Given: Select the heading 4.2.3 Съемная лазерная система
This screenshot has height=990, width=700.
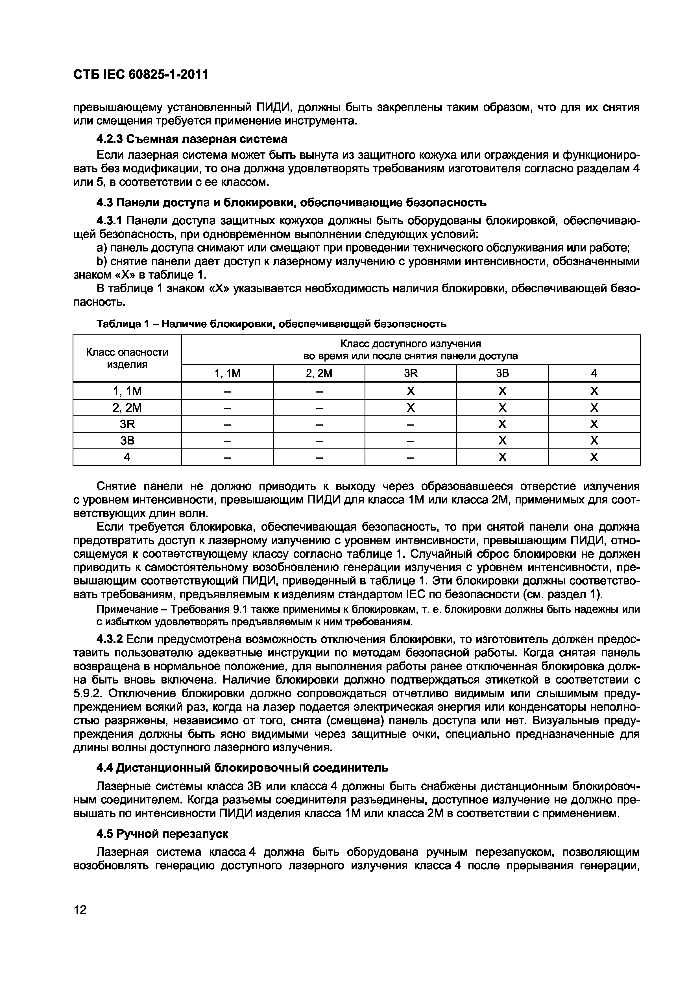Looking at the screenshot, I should pyautogui.click(x=191, y=139).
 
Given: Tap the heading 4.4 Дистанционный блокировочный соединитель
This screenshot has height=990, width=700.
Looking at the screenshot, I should pyautogui.click(x=242, y=768).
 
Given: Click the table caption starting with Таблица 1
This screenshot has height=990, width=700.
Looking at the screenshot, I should pyautogui.click(x=271, y=323).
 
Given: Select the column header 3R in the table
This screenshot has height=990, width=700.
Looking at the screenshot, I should pyautogui.click(x=410, y=373).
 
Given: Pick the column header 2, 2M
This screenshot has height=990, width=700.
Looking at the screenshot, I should pyautogui.click(x=319, y=373).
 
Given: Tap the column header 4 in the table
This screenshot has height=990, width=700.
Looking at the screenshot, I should pyautogui.click(x=594, y=373).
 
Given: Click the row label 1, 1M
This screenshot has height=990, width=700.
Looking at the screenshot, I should pyautogui.click(x=127, y=391).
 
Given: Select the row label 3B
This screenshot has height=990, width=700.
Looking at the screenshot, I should pyautogui.click(x=127, y=441).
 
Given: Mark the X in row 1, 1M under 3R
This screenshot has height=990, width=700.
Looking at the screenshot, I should pyautogui.click(x=410, y=391).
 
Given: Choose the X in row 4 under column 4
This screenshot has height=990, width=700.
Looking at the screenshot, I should pyautogui.click(x=594, y=457).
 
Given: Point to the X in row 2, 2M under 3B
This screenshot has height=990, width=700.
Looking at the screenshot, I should pyautogui.click(x=502, y=408).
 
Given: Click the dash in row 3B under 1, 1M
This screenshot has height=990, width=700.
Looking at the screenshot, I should pyautogui.click(x=227, y=441).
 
